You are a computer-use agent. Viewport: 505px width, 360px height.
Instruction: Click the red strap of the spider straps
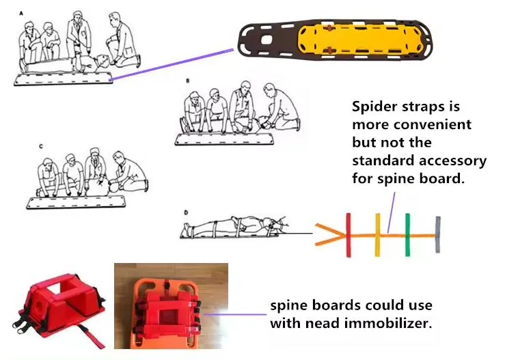(348, 235)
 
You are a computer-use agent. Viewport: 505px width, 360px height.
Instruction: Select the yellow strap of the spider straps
(377, 235)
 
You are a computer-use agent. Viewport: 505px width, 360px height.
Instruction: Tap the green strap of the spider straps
(407, 235)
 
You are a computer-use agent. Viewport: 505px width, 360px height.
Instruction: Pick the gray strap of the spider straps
(437, 234)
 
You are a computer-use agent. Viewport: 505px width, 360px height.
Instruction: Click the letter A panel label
(21, 14)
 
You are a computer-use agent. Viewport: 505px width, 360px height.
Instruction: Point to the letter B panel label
(188, 81)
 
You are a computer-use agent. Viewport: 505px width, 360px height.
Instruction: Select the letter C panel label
(40, 146)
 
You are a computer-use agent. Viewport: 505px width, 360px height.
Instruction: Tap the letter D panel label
(186, 212)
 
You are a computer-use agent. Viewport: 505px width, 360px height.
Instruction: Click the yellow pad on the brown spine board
(360, 41)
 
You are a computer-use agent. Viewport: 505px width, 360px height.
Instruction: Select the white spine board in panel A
(64, 79)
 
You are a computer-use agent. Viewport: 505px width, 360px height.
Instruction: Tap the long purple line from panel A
(172, 64)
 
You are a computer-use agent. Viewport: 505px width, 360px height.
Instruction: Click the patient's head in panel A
(103, 61)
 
